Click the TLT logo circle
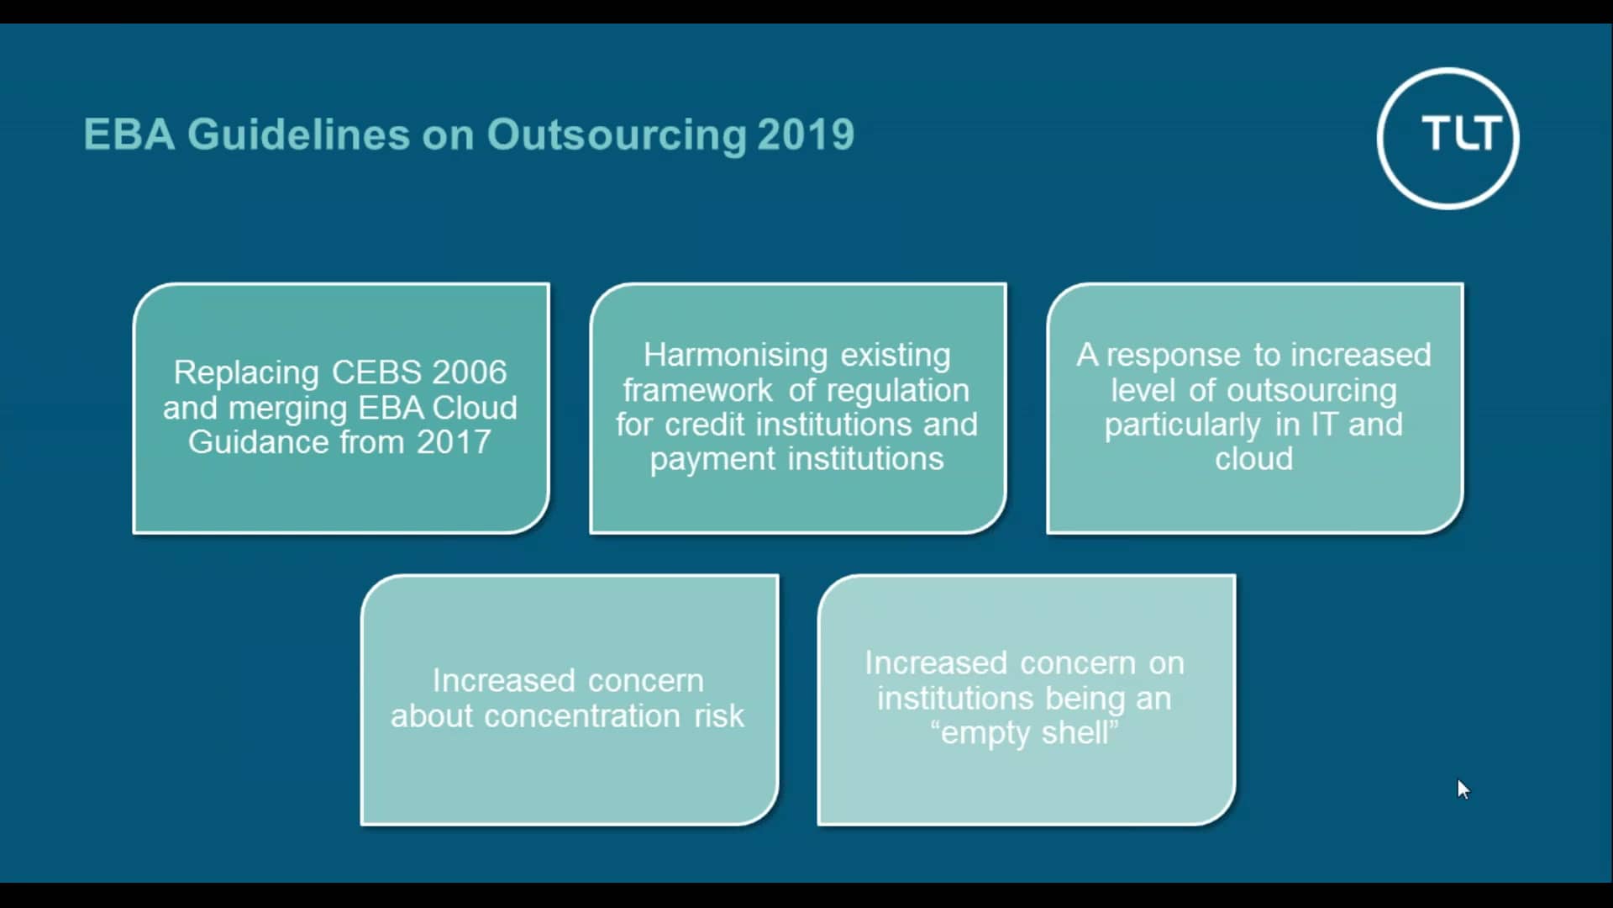click(x=1447, y=138)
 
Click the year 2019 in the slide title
click(x=806, y=135)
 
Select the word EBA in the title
click(x=129, y=135)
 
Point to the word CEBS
click(x=377, y=372)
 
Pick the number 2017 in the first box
click(x=454, y=442)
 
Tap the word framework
click(x=697, y=390)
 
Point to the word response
click(x=1173, y=356)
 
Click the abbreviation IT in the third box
click(x=1324, y=425)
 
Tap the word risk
click(x=719, y=716)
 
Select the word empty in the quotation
click(x=985, y=734)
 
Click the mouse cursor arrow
click(x=1463, y=789)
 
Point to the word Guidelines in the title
click(x=298, y=135)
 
